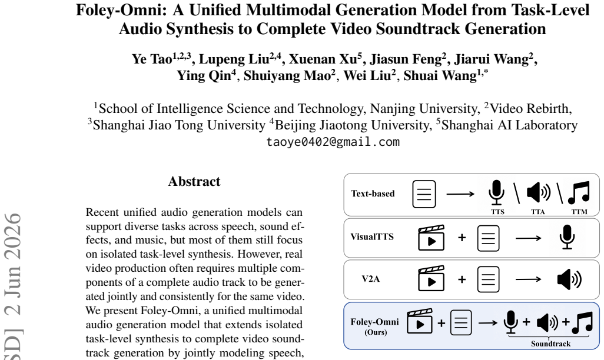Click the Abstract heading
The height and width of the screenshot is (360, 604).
(194, 181)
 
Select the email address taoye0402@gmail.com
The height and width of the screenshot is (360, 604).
(333, 142)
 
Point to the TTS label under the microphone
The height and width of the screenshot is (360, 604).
(497, 211)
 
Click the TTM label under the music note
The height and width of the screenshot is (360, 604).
(579, 211)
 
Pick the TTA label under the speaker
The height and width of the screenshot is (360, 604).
(537, 211)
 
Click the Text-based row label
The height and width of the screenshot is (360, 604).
(373, 194)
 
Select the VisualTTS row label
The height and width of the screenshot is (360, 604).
(372, 236)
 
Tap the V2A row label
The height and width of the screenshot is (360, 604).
(370, 278)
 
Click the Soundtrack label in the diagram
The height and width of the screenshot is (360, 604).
(550, 344)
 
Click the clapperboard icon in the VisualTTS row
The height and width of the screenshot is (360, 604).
(431, 238)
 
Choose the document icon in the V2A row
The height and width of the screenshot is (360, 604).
(488, 279)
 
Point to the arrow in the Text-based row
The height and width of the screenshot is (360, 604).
(460, 194)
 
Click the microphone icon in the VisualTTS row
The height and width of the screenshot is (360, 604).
(567, 237)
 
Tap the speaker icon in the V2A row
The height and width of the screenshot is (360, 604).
(569, 279)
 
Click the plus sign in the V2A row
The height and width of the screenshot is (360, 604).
(462, 279)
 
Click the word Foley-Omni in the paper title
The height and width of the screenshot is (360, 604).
(121, 10)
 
